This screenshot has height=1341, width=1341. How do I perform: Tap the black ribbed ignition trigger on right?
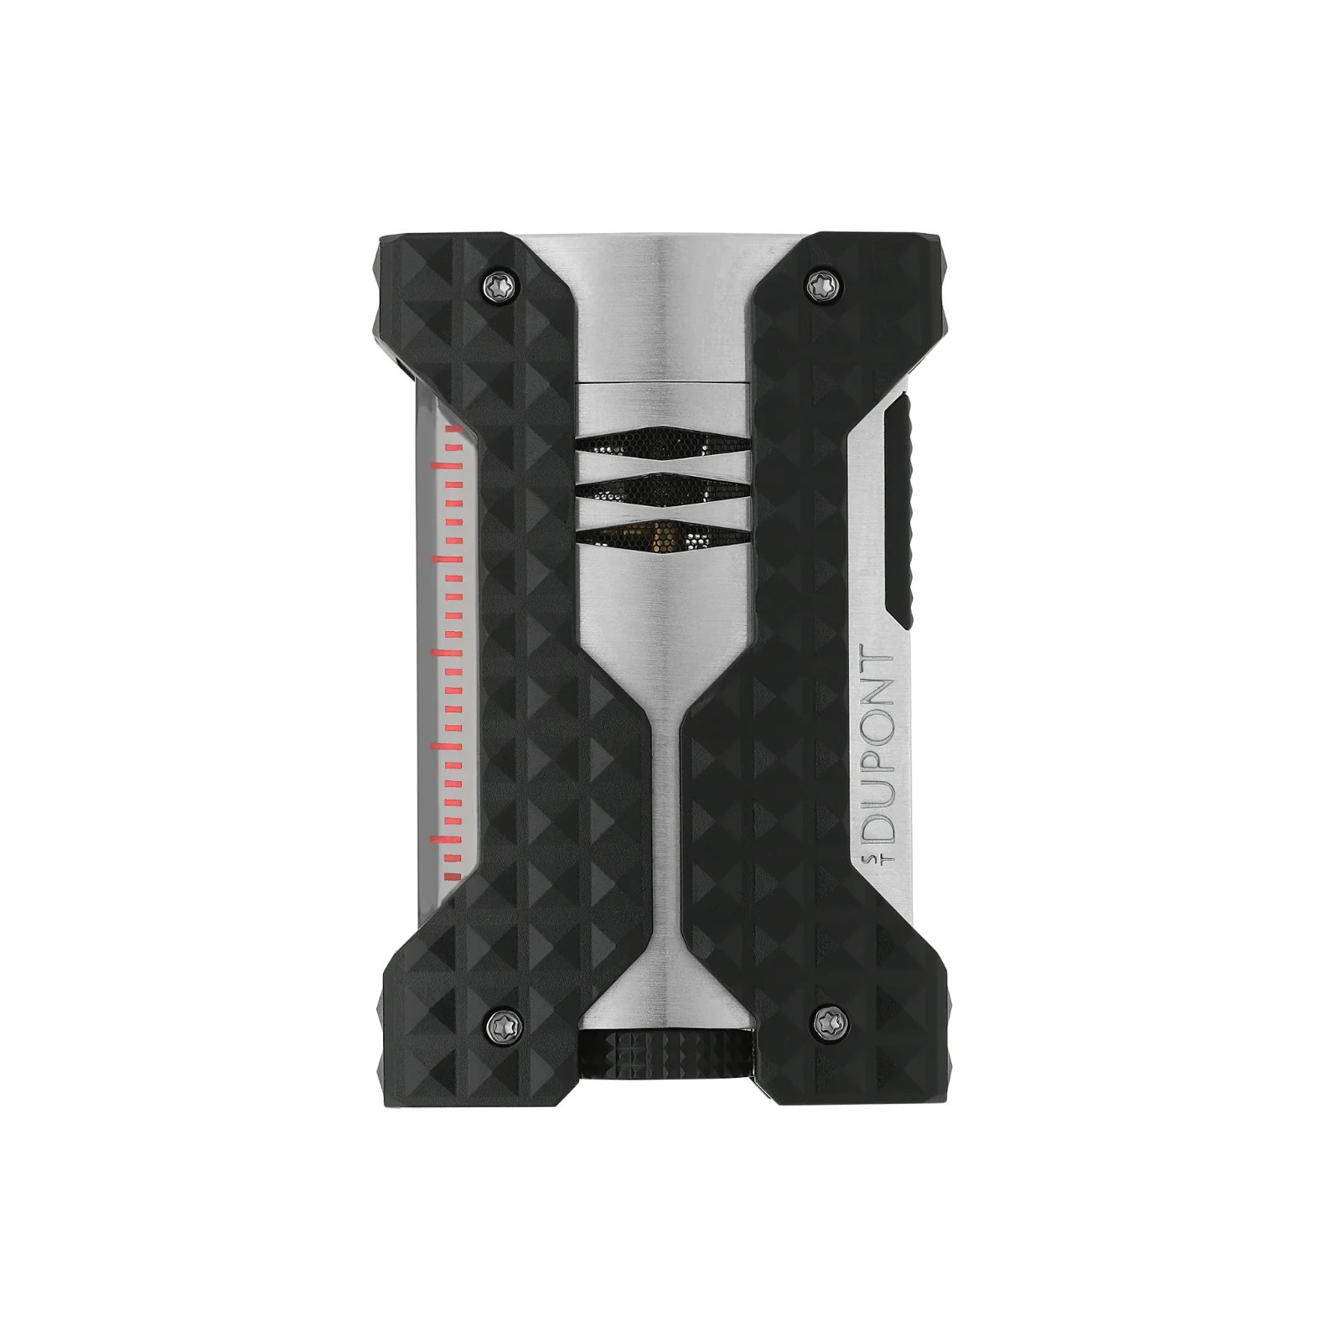[903, 510]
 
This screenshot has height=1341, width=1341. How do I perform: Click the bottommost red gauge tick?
[453, 877]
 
